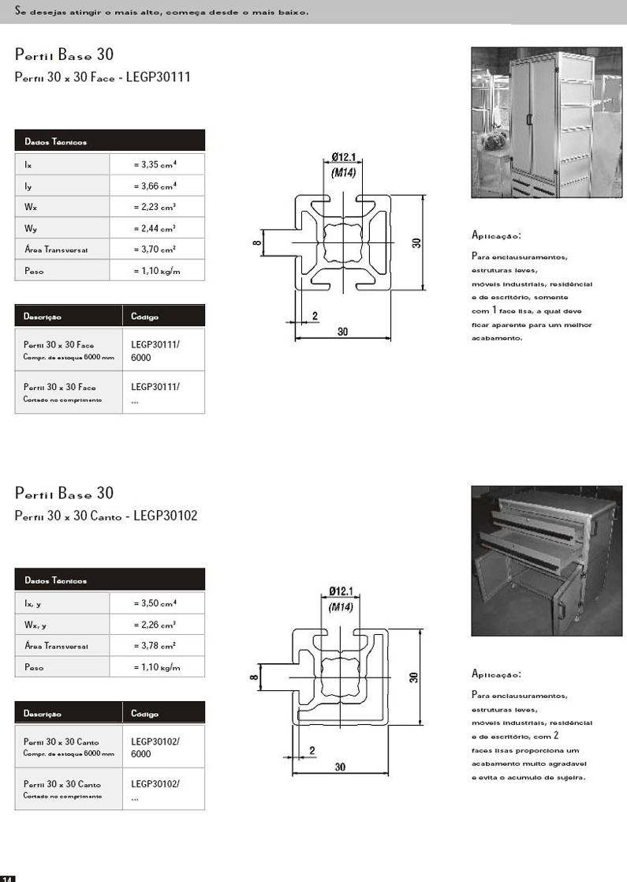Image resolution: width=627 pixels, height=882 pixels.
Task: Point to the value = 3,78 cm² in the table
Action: pos(155,646)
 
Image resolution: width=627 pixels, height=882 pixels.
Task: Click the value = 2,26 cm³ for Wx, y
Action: pos(155,625)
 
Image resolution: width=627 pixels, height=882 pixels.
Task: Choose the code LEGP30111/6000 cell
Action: pos(155,351)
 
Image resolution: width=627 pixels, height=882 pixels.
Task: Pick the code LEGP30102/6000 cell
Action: pos(155,747)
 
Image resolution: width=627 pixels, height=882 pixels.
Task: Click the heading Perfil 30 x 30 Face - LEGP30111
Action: pos(103,78)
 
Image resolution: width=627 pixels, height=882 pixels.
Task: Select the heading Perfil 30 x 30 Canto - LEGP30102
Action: pos(106,516)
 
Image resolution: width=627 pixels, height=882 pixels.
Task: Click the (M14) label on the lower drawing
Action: pos(340,607)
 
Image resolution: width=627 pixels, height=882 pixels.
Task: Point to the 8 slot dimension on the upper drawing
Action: pos(257,243)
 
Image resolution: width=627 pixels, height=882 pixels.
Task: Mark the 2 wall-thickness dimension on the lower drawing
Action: pos(312,750)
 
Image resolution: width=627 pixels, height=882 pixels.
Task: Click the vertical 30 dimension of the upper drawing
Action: pos(416,243)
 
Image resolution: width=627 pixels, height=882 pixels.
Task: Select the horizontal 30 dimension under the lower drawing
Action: pos(340,767)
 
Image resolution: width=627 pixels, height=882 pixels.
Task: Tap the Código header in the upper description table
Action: pos(145,317)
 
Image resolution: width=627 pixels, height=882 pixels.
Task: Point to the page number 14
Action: pos(8,877)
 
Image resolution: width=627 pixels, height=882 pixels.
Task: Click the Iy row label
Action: pos(28,186)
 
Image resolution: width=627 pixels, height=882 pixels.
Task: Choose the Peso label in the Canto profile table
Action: pos(34,667)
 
